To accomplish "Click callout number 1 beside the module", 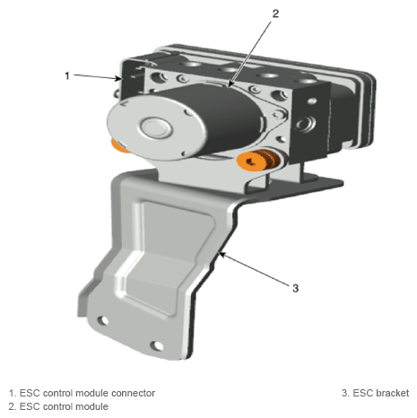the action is click(x=67, y=76).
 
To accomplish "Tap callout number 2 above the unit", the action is click(x=275, y=13).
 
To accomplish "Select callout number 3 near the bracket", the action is click(x=295, y=288).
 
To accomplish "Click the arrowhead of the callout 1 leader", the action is click(x=119, y=79).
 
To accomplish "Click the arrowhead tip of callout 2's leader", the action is click(x=229, y=86).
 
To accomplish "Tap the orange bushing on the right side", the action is click(x=258, y=160).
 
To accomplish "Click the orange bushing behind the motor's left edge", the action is click(x=118, y=145).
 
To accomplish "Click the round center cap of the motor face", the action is click(x=156, y=127).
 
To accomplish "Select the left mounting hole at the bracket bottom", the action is click(x=103, y=320).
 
